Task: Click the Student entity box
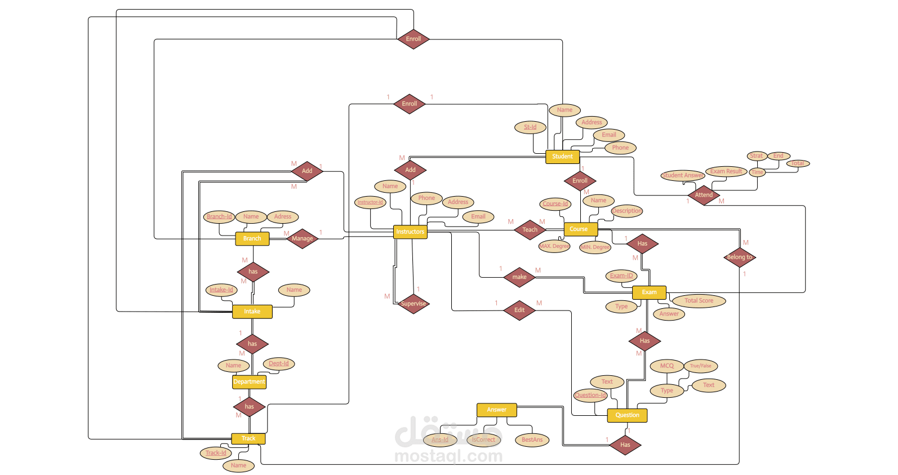pos(562,157)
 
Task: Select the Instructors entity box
pos(410,232)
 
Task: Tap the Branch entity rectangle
pos(252,238)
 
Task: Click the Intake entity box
pos(252,312)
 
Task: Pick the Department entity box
pos(249,381)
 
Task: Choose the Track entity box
pos(248,438)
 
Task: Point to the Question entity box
pos(627,415)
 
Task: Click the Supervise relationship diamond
pos(414,304)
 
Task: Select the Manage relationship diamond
pos(303,238)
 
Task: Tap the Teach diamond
pos(530,230)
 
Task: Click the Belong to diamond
pos(739,257)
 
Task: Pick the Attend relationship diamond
pos(704,195)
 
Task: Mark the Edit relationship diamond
pos(519,310)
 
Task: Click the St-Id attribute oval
pos(530,127)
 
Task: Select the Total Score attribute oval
pos(699,301)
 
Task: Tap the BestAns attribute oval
pos(532,440)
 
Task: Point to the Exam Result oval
pos(726,171)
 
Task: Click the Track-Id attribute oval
pos(216,453)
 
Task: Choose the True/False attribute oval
pos(700,366)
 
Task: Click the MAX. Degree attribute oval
pos(554,246)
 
